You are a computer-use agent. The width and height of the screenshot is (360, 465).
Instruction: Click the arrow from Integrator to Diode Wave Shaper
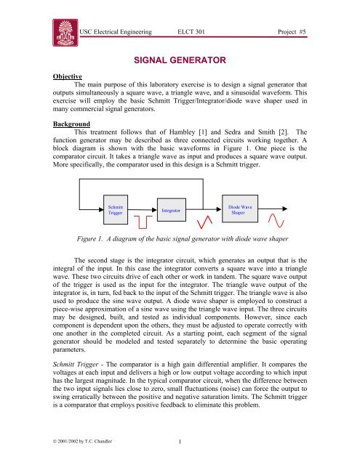(202, 209)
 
